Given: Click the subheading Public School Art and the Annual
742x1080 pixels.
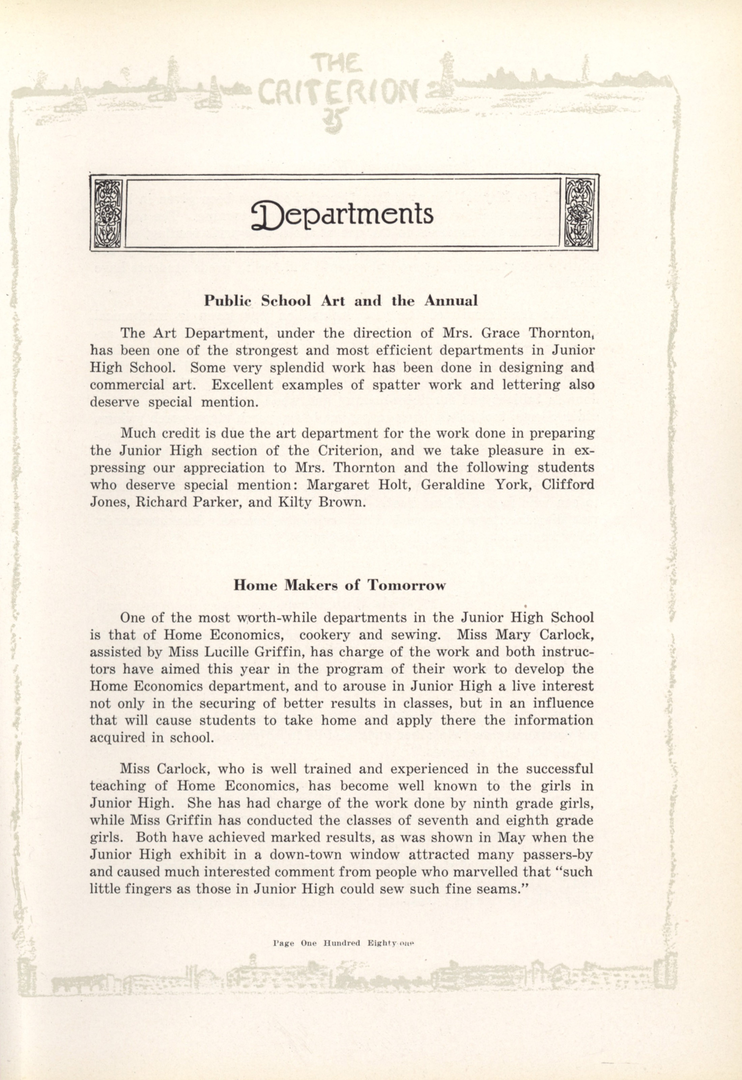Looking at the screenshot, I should [x=341, y=301].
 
